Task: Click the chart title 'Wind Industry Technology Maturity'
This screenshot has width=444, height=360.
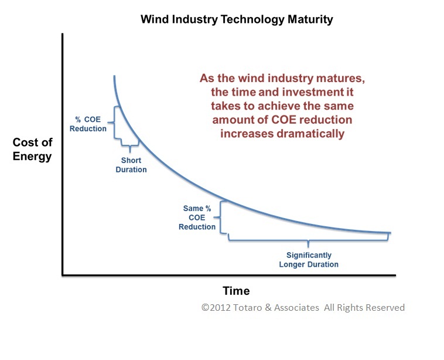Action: [x=237, y=19]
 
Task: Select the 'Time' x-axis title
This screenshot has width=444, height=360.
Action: [x=236, y=291]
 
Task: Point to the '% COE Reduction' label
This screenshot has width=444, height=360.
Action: [x=88, y=124]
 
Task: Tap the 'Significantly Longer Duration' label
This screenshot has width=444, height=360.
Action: [x=309, y=260]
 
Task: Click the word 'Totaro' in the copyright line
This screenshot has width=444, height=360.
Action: [x=250, y=307]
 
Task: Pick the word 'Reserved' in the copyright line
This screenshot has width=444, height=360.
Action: [x=384, y=307]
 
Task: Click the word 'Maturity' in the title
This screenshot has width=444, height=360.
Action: [x=310, y=19]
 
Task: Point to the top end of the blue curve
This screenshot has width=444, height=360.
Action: [x=114, y=76]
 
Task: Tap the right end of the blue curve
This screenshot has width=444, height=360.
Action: [x=390, y=233]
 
